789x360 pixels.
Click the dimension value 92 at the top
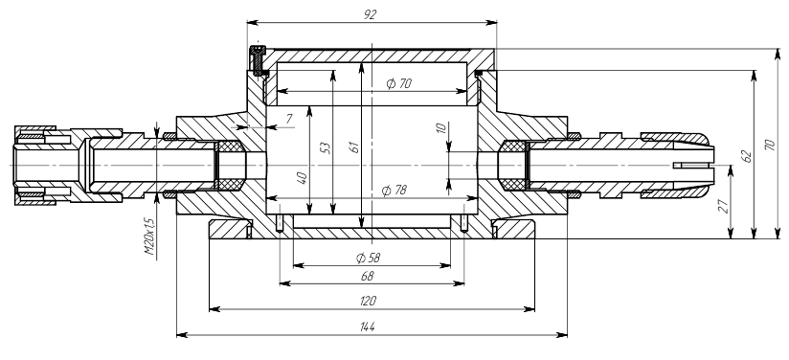(x=370, y=14)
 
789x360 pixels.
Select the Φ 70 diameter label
(x=399, y=83)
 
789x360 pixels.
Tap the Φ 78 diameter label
(x=394, y=191)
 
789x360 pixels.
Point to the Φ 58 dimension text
(x=368, y=259)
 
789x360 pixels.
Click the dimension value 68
(x=368, y=276)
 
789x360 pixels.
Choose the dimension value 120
(x=368, y=301)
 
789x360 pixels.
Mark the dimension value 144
(x=368, y=326)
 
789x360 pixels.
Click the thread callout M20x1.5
(x=150, y=236)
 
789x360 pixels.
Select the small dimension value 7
(x=289, y=119)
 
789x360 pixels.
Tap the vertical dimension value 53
(x=327, y=147)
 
